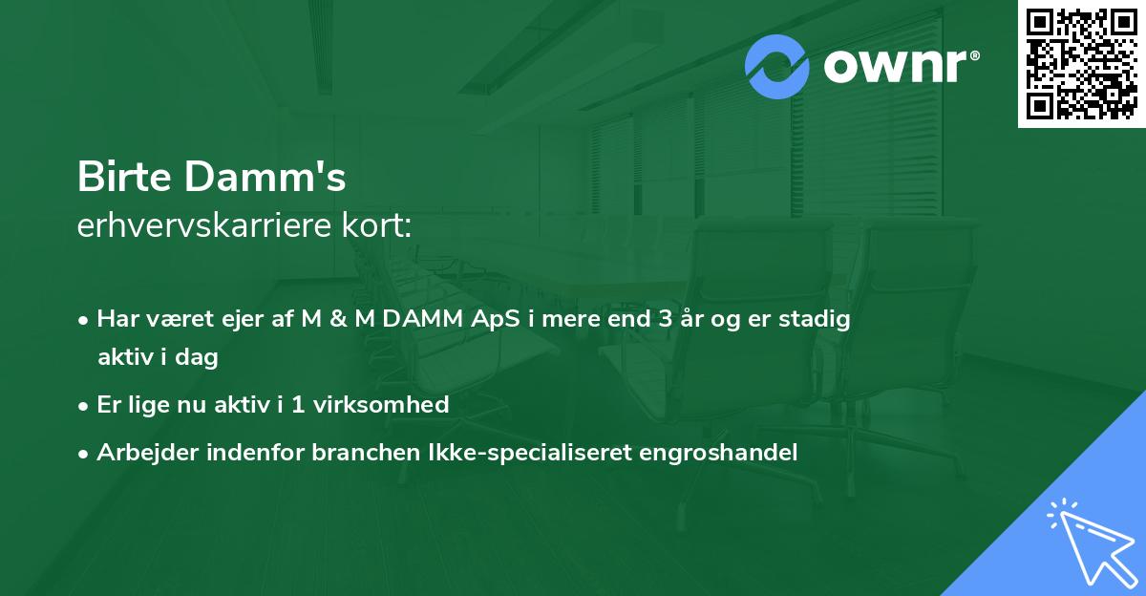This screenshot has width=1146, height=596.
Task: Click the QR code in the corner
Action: point(1081,64)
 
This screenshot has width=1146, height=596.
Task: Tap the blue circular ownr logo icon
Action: point(777,66)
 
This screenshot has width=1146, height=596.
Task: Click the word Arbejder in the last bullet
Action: point(140,453)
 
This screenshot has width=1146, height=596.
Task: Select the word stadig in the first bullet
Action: point(819,319)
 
